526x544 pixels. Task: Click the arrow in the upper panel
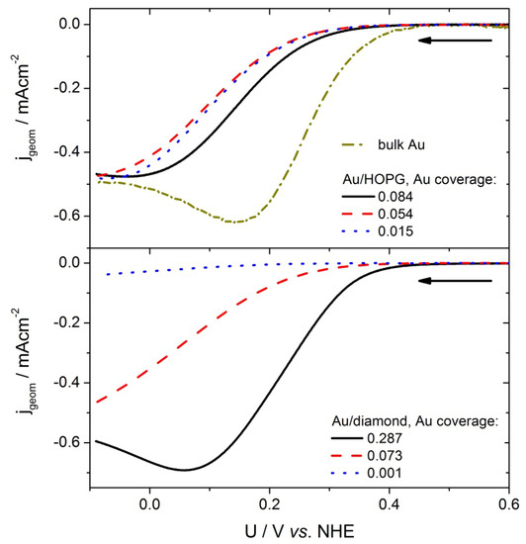coord(454,41)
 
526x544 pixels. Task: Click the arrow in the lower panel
coord(454,281)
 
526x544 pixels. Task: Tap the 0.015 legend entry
coord(386,229)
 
